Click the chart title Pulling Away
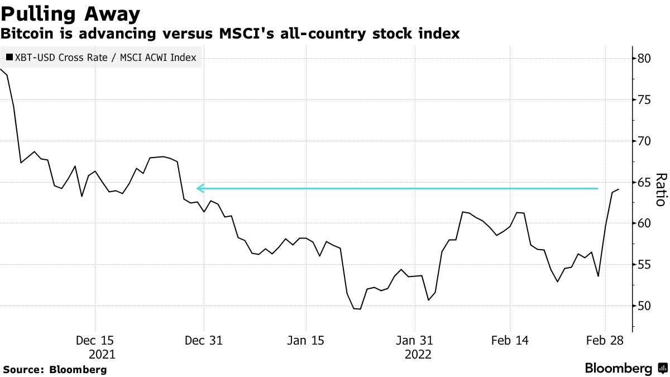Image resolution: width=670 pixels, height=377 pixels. tap(70, 13)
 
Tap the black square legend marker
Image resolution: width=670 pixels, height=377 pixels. tap(9, 58)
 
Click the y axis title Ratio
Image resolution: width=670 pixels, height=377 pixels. tap(660, 190)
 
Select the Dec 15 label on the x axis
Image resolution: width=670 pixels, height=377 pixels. tap(95, 340)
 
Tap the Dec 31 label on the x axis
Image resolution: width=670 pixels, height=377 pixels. tap(204, 340)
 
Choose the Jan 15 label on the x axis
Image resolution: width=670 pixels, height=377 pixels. tap(305, 340)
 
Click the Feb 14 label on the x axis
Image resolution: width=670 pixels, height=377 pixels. tap(509, 340)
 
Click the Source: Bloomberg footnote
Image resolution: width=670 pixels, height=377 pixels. tap(55, 369)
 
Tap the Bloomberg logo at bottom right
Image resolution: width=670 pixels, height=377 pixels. tap(625, 369)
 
